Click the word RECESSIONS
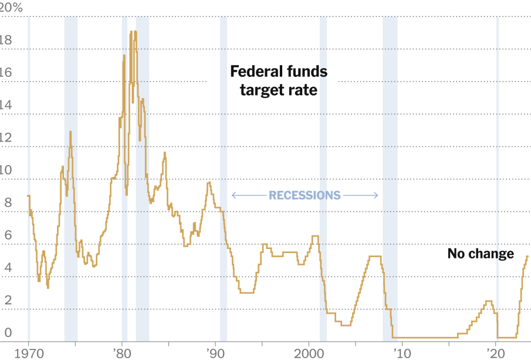pos(305,195)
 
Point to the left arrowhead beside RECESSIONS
pos(234,195)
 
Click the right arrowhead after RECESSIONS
pos(376,195)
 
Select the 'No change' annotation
pos(481,254)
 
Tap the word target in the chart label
pos(257,90)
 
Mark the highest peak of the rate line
pos(135,32)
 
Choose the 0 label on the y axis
pos(7,333)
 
